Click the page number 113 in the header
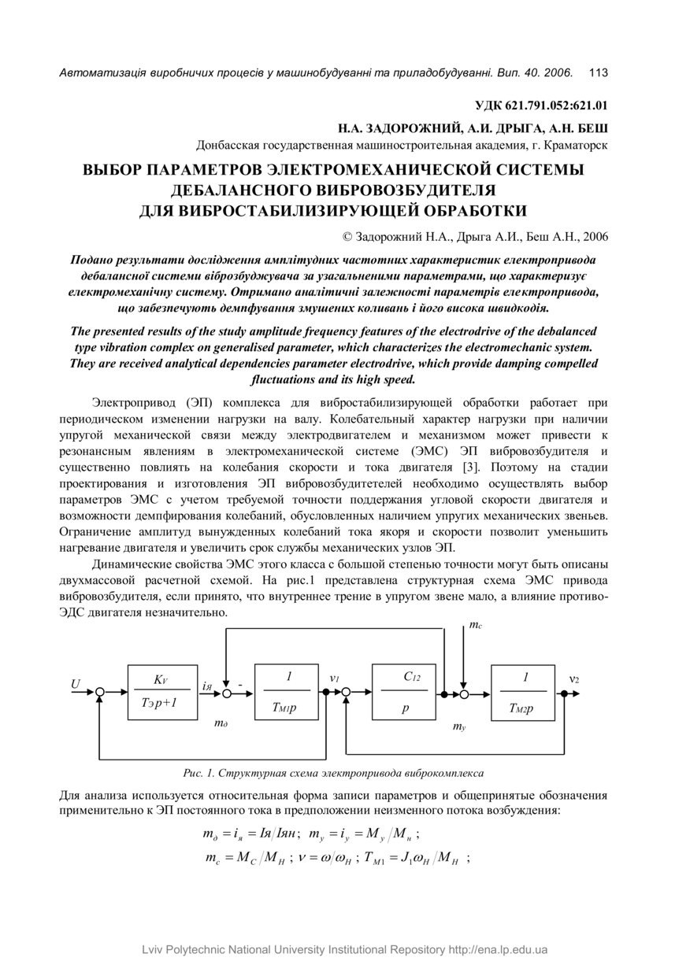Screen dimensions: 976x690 tap(598, 73)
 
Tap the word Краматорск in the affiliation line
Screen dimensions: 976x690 tap(575, 145)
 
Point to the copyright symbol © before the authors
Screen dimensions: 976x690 tap(347, 235)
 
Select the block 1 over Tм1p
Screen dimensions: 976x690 tap(287, 692)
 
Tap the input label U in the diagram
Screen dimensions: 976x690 tap(76, 684)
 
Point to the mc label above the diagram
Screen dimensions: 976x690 tap(476, 625)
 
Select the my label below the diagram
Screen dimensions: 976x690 tap(459, 728)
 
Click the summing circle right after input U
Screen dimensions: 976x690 tap(100, 693)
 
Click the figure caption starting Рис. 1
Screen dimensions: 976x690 tap(333, 773)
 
